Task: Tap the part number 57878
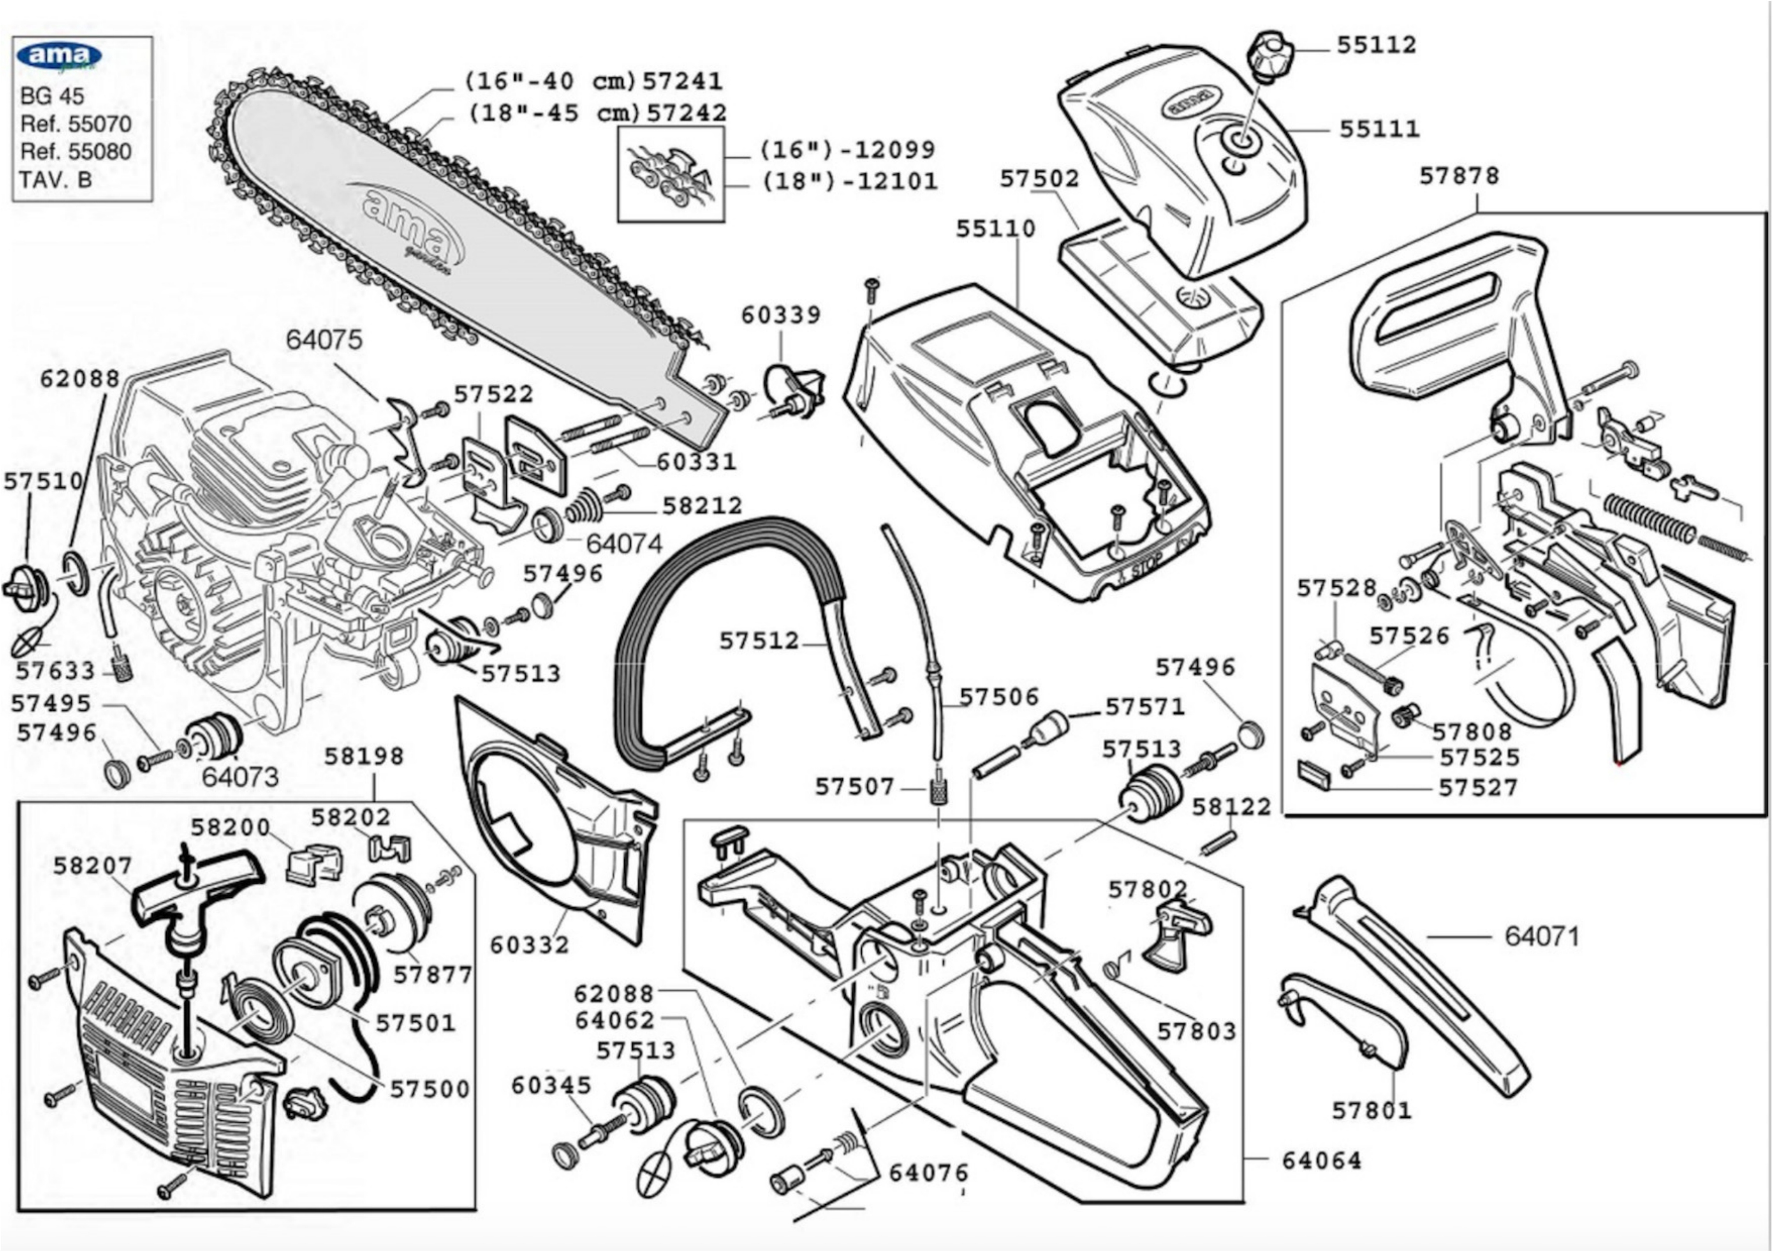1459,176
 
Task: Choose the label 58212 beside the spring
702,506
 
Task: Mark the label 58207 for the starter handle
93,866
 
